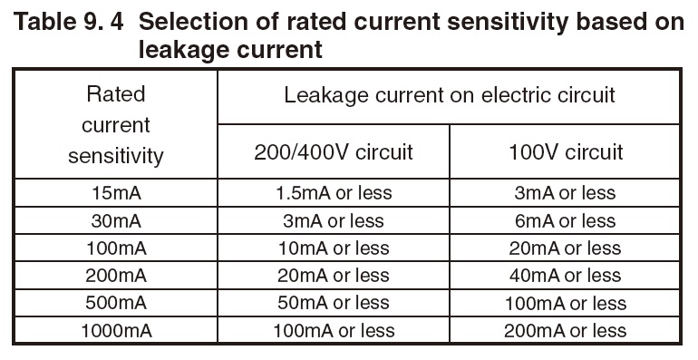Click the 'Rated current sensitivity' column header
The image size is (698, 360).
click(x=115, y=124)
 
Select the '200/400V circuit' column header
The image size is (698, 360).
click(x=333, y=151)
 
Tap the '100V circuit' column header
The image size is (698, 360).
click(x=567, y=151)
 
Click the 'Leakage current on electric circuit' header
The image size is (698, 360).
click(x=450, y=95)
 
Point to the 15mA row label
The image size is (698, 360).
click(x=115, y=192)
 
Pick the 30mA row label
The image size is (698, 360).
click(x=115, y=220)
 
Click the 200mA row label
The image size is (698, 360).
click(x=115, y=275)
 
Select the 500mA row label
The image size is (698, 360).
click(x=115, y=302)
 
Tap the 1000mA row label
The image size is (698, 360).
click(x=115, y=330)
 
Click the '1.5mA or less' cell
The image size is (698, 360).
click(x=333, y=192)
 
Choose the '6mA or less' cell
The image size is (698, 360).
click(x=567, y=220)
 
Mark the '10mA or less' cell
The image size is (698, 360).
click(x=333, y=248)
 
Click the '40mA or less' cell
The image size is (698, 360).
click(x=567, y=275)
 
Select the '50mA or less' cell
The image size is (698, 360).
click(x=333, y=302)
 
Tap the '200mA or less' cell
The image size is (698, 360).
click(x=567, y=330)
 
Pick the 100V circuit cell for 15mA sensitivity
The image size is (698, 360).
click(x=567, y=192)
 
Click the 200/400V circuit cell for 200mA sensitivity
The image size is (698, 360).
click(x=333, y=275)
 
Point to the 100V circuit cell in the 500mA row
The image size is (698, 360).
click(x=567, y=302)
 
